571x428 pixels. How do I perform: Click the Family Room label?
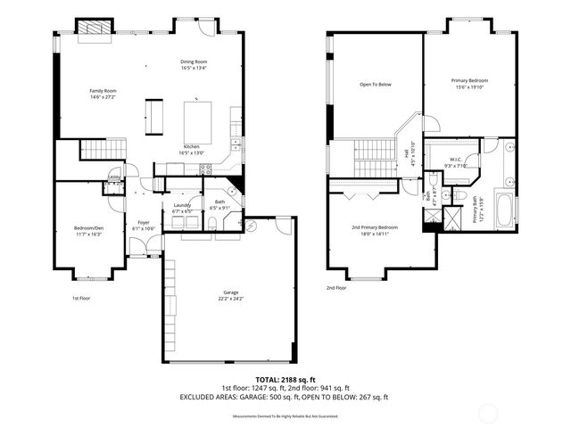click(x=103, y=91)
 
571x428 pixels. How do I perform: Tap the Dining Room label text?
click(x=194, y=62)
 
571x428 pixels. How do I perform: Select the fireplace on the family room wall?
click(x=93, y=29)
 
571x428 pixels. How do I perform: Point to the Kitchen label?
click(x=192, y=146)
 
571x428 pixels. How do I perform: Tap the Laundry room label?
click(x=181, y=205)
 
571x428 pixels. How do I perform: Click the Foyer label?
click(x=143, y=223)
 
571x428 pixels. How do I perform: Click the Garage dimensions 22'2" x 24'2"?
click(x=230, y=299)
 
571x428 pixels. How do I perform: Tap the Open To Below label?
click(x=376, y=85)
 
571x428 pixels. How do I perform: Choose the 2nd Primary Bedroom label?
click(x=375, y=227)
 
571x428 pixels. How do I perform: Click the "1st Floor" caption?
click(x=81, y=299)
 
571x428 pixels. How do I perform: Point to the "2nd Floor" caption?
click(x=336, y=288)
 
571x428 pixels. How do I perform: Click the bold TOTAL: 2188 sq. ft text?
click(x=285, y=380)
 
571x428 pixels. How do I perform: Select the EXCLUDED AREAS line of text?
click(x=285, y=397)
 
